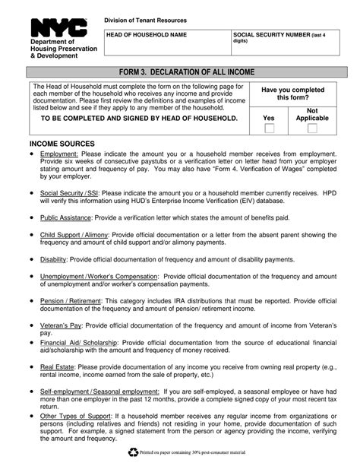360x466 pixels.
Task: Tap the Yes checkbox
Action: click(270, 128)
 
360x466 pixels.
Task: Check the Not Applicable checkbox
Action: click(312, 128)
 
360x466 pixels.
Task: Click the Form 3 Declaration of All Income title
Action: click(180, 71)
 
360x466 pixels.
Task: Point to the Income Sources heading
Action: click(62, 144)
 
